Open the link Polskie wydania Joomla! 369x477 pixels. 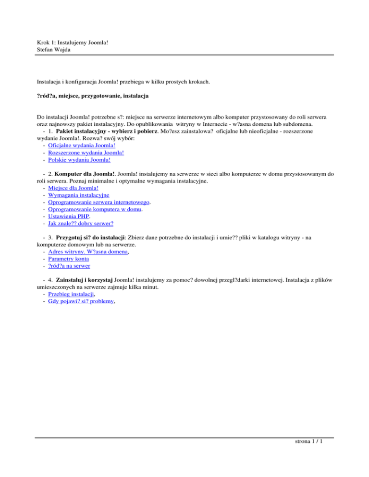(x=79, y=160)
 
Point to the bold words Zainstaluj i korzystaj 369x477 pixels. (x=84, y=279)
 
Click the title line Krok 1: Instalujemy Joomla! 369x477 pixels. (x=72, y=42)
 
